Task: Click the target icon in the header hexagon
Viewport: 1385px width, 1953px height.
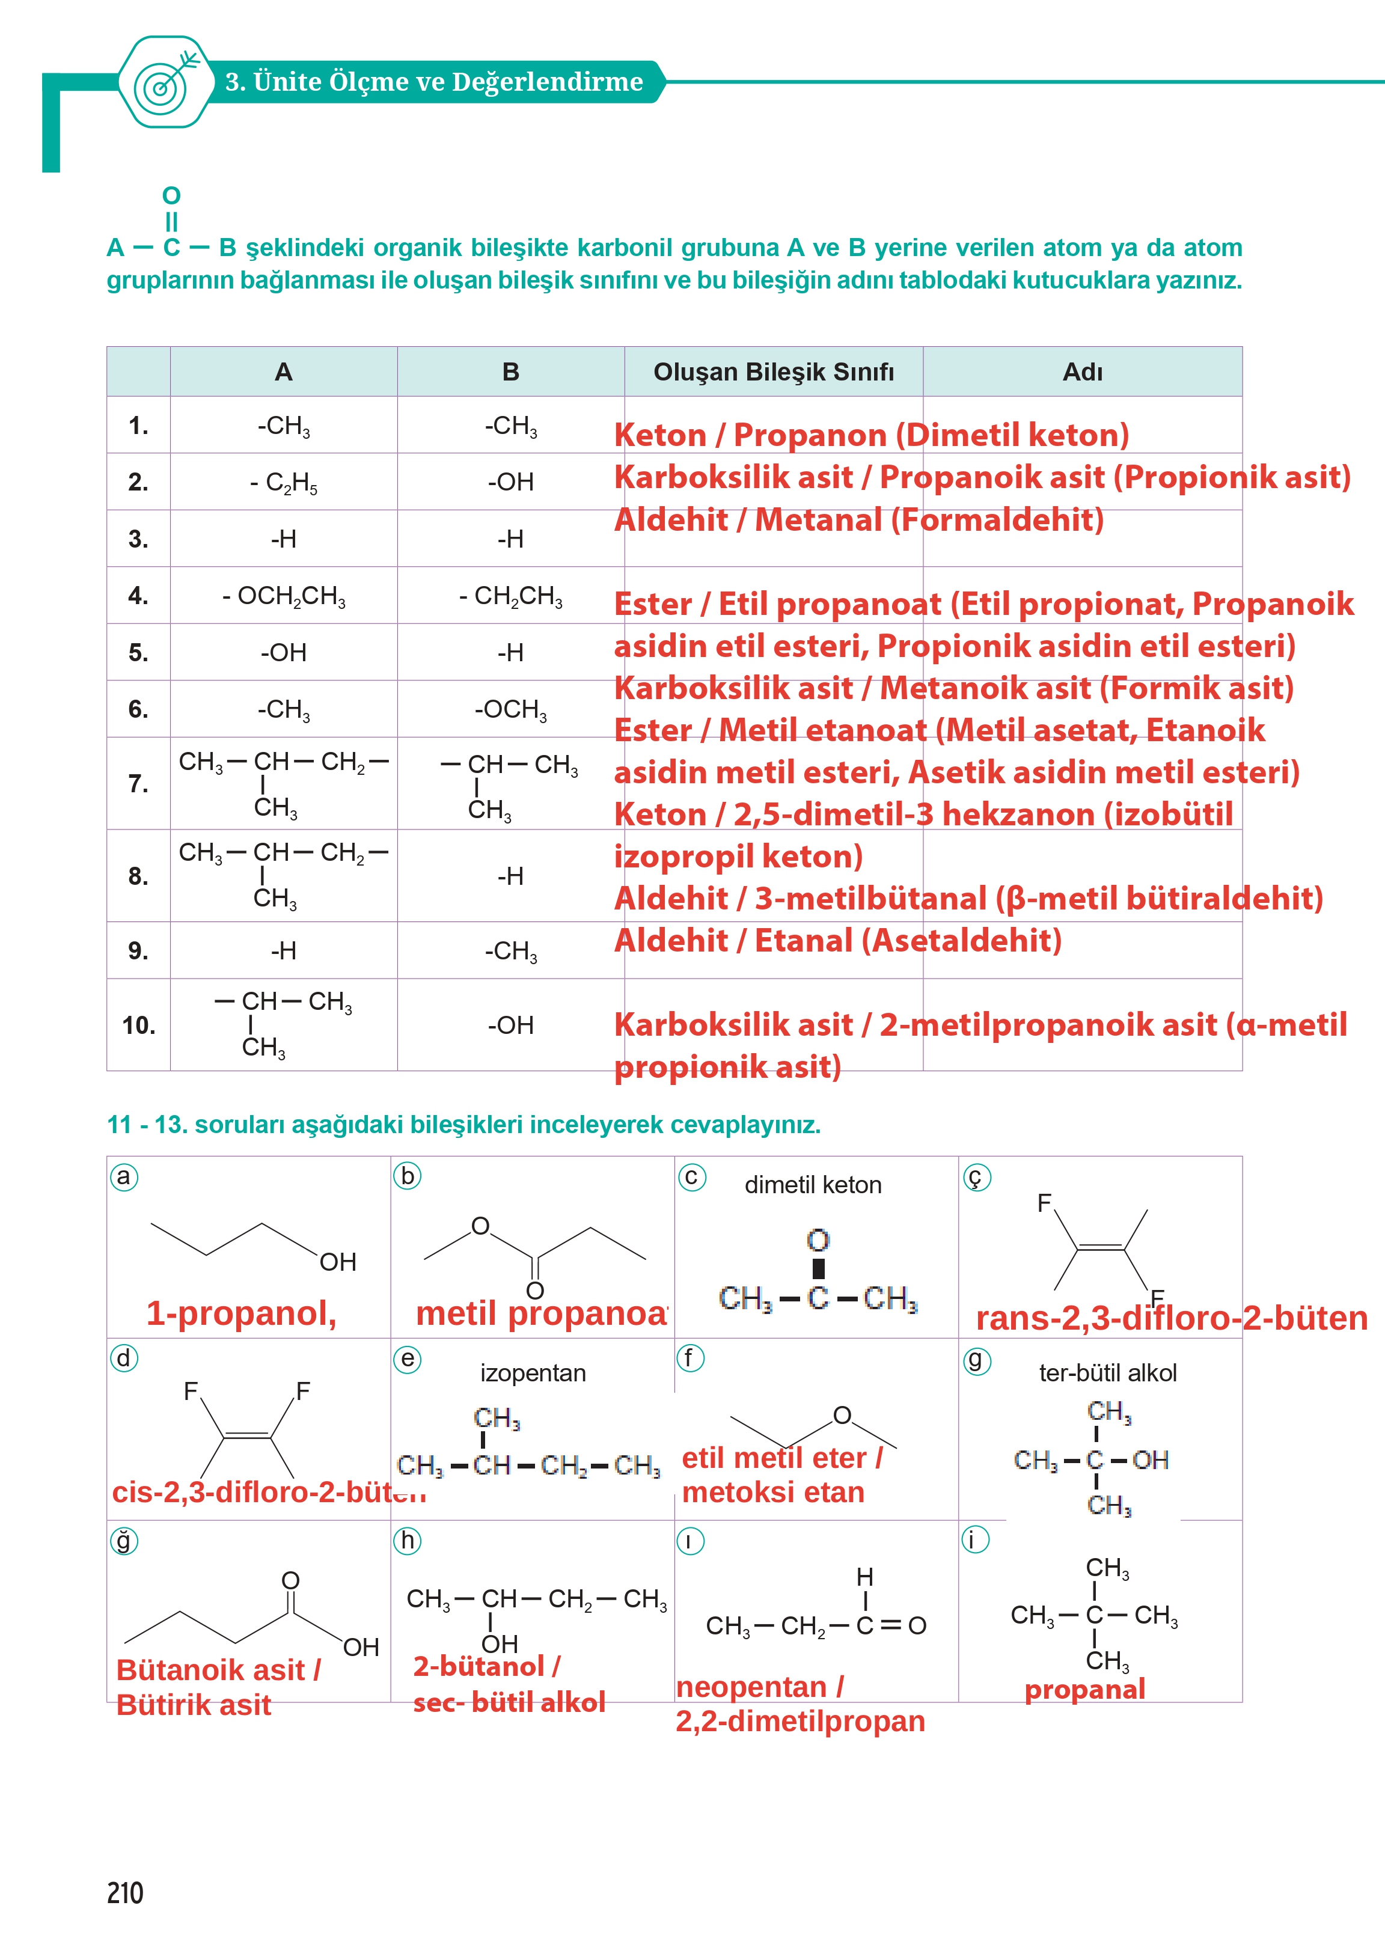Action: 165,84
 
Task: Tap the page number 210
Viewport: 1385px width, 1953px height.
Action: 126,1892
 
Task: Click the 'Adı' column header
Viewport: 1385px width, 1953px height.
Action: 1081,372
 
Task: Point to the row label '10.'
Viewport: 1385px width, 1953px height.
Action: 138,1024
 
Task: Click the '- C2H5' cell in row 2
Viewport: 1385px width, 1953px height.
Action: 283,483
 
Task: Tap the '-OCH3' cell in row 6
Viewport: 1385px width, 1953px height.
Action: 510,709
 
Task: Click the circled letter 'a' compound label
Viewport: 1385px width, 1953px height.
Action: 124,1177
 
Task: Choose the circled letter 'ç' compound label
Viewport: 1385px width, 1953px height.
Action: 976,1178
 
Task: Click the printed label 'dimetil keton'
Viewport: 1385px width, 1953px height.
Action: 812,1185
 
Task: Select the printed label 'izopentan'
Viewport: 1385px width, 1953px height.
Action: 533,1373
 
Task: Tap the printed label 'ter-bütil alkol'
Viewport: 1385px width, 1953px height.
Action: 1107,1373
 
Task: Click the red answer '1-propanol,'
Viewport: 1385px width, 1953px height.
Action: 241,1313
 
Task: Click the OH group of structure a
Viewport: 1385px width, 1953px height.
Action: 338,1262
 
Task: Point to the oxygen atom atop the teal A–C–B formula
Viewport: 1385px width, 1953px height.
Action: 171,195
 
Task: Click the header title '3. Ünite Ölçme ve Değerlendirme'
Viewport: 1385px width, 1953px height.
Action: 433,82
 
